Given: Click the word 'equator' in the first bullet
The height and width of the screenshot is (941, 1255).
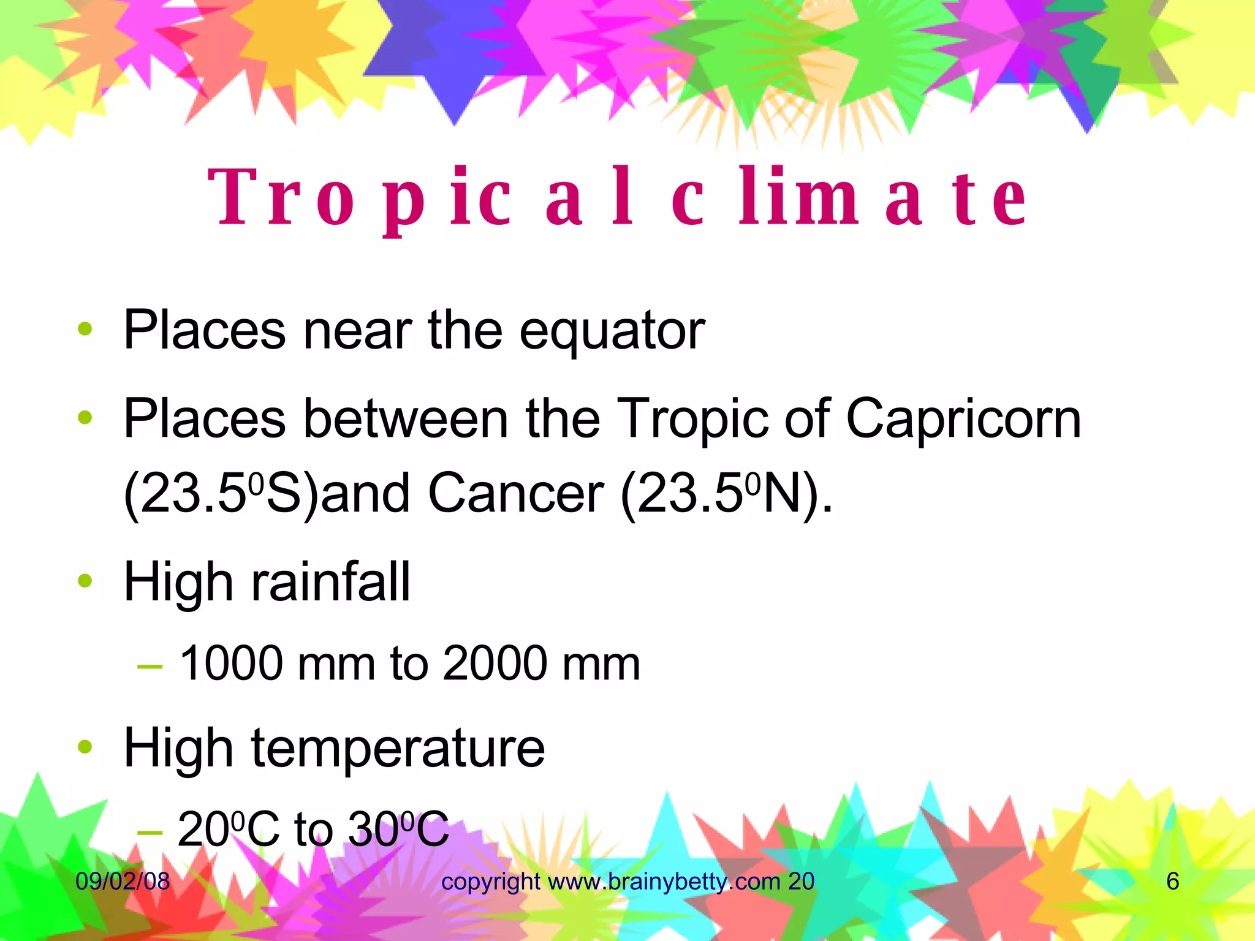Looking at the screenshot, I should tap(612, 331).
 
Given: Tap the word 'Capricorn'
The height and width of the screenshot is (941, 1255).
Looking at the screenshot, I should tap(963, 419).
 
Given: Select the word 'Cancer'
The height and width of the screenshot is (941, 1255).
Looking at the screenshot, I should tap(516, 494).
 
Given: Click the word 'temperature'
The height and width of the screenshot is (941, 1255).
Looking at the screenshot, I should tap(398, 748).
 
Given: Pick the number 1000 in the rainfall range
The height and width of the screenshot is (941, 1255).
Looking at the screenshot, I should tap(232, 664).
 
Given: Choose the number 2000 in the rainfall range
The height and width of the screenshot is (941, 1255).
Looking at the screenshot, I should tap(495, 664).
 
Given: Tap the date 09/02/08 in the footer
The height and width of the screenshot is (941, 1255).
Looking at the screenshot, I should tap(123, 882).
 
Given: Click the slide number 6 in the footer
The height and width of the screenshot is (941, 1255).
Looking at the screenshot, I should tap(1172, 882).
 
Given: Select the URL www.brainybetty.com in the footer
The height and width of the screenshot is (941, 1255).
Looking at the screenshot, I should tap(664, 882).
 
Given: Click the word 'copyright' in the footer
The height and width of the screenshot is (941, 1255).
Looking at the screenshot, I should tap(491, 882).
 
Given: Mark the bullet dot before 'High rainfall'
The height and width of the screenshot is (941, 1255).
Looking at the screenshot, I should tap(85, 580).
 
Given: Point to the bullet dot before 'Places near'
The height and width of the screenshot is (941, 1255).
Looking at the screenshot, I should tap(85, 329).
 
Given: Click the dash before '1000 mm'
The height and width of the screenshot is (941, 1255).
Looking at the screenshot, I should tap(150, 665).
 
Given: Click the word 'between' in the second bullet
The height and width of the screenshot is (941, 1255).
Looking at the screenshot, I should tap(405, 419).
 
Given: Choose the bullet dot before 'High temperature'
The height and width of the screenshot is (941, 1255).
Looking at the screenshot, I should tap(85, 747).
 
